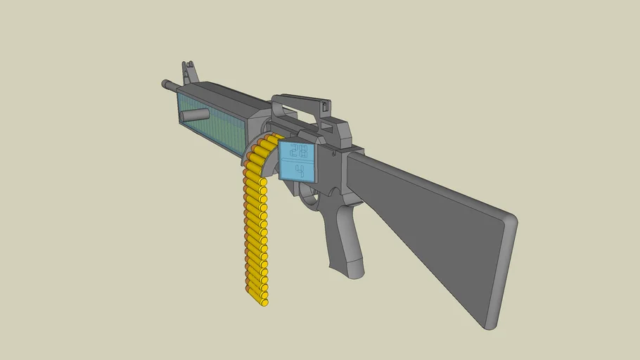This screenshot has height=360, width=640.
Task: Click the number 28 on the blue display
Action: tap(298, 150)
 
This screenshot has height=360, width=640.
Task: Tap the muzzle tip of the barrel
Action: tap(164, 84)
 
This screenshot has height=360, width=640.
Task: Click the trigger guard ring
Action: tap(310, 200)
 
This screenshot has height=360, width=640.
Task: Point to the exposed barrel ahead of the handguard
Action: tap(172, 86)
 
